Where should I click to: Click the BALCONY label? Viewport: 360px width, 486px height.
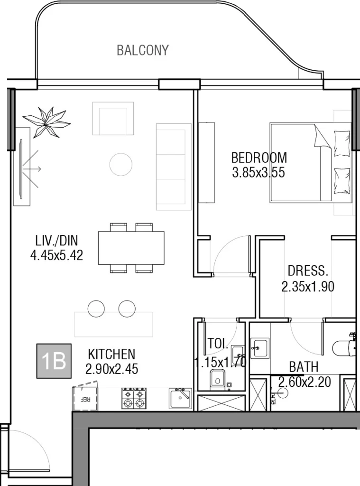142,50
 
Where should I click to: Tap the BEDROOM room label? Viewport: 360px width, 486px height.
258,157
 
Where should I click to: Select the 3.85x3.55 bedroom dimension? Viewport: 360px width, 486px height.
258,172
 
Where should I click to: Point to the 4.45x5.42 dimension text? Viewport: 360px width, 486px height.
56,256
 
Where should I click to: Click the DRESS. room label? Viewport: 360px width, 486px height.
308,271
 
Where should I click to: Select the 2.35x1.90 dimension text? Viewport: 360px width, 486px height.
308,287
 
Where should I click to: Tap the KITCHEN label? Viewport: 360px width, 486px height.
111,354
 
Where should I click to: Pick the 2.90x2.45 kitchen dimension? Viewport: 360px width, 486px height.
112,369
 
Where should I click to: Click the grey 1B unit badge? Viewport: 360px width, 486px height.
54,361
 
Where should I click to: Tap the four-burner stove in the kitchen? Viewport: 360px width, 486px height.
134,398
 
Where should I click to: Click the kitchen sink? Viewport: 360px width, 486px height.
181,398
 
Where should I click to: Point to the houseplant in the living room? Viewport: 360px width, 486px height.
46,121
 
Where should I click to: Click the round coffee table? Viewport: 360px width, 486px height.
121,165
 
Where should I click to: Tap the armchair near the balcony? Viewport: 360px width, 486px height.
113,119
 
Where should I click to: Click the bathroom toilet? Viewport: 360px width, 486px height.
343,349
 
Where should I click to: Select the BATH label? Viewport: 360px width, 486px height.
304,366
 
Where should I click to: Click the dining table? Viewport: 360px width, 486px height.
131,247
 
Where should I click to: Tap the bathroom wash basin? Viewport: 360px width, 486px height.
259,347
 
